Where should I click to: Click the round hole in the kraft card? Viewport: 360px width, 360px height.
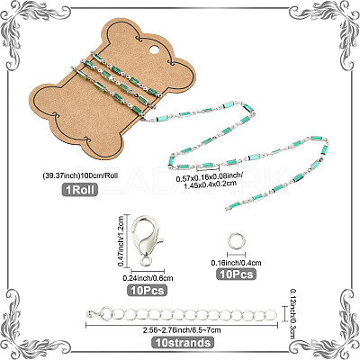(x=153, y=49)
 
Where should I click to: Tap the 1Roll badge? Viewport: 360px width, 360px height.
(x=80, y=189)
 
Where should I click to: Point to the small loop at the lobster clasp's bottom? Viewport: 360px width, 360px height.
(x=146, y=262)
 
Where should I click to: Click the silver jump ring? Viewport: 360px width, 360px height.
(x=236, y=241)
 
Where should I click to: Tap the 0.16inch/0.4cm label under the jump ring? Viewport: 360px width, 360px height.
(x=236, y=263)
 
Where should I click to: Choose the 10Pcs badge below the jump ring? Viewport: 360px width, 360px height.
(x=237, y=274)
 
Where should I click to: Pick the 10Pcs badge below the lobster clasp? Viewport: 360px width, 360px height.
(x=148, y=290)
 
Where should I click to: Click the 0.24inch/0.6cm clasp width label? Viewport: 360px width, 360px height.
(x=148, y=278)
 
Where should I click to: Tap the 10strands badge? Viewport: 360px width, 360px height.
(x=183, y=342)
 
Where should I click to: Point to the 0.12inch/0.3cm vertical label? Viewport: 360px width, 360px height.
(x=293, y=314)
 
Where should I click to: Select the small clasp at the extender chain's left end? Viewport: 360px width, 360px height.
(x=94, y=314)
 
